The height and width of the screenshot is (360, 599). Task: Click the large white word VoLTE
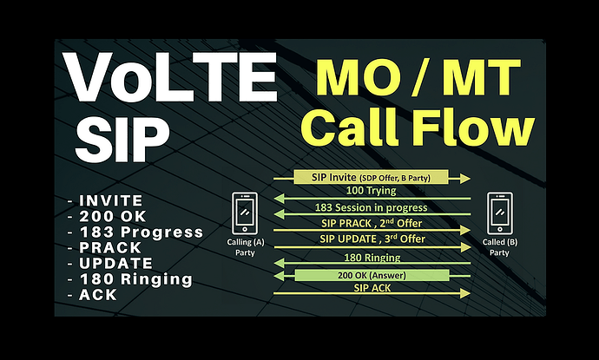pos(171,77)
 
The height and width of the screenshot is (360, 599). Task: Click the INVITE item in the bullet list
pos(111,200)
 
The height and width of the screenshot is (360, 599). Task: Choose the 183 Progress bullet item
pos(141,232)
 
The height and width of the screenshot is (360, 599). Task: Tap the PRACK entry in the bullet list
pos(110,248)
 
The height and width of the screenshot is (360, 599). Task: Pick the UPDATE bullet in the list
pos(115,264)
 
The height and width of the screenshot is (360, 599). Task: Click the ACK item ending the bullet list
pos(98,295)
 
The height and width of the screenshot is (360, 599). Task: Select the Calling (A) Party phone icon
pos(245,213)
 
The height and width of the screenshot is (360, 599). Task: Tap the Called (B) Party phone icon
pos(499,213)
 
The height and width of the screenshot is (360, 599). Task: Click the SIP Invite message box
pos(371,178)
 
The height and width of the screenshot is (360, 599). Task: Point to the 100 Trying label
pos(371,191)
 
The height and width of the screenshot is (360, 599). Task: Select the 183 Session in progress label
pos(371,207)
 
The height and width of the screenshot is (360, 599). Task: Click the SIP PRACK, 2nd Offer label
pos(372,223)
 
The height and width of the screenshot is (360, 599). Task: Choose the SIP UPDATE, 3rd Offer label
pos(372,239)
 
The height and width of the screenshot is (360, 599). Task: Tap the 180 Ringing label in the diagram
pos(372,258)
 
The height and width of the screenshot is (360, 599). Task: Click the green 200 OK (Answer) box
pos(372,275)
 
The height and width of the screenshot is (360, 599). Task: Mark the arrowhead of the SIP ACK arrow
pos(465,293)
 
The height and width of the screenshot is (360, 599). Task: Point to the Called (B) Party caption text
pos(500,247)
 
